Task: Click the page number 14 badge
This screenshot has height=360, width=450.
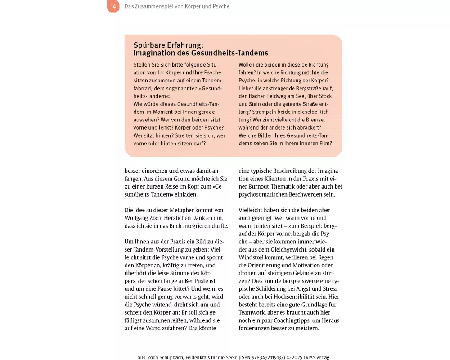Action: tap(113, 6)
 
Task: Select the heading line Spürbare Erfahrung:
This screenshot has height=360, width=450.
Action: tap(169, 45)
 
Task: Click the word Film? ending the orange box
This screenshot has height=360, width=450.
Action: tap(324, 143)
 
